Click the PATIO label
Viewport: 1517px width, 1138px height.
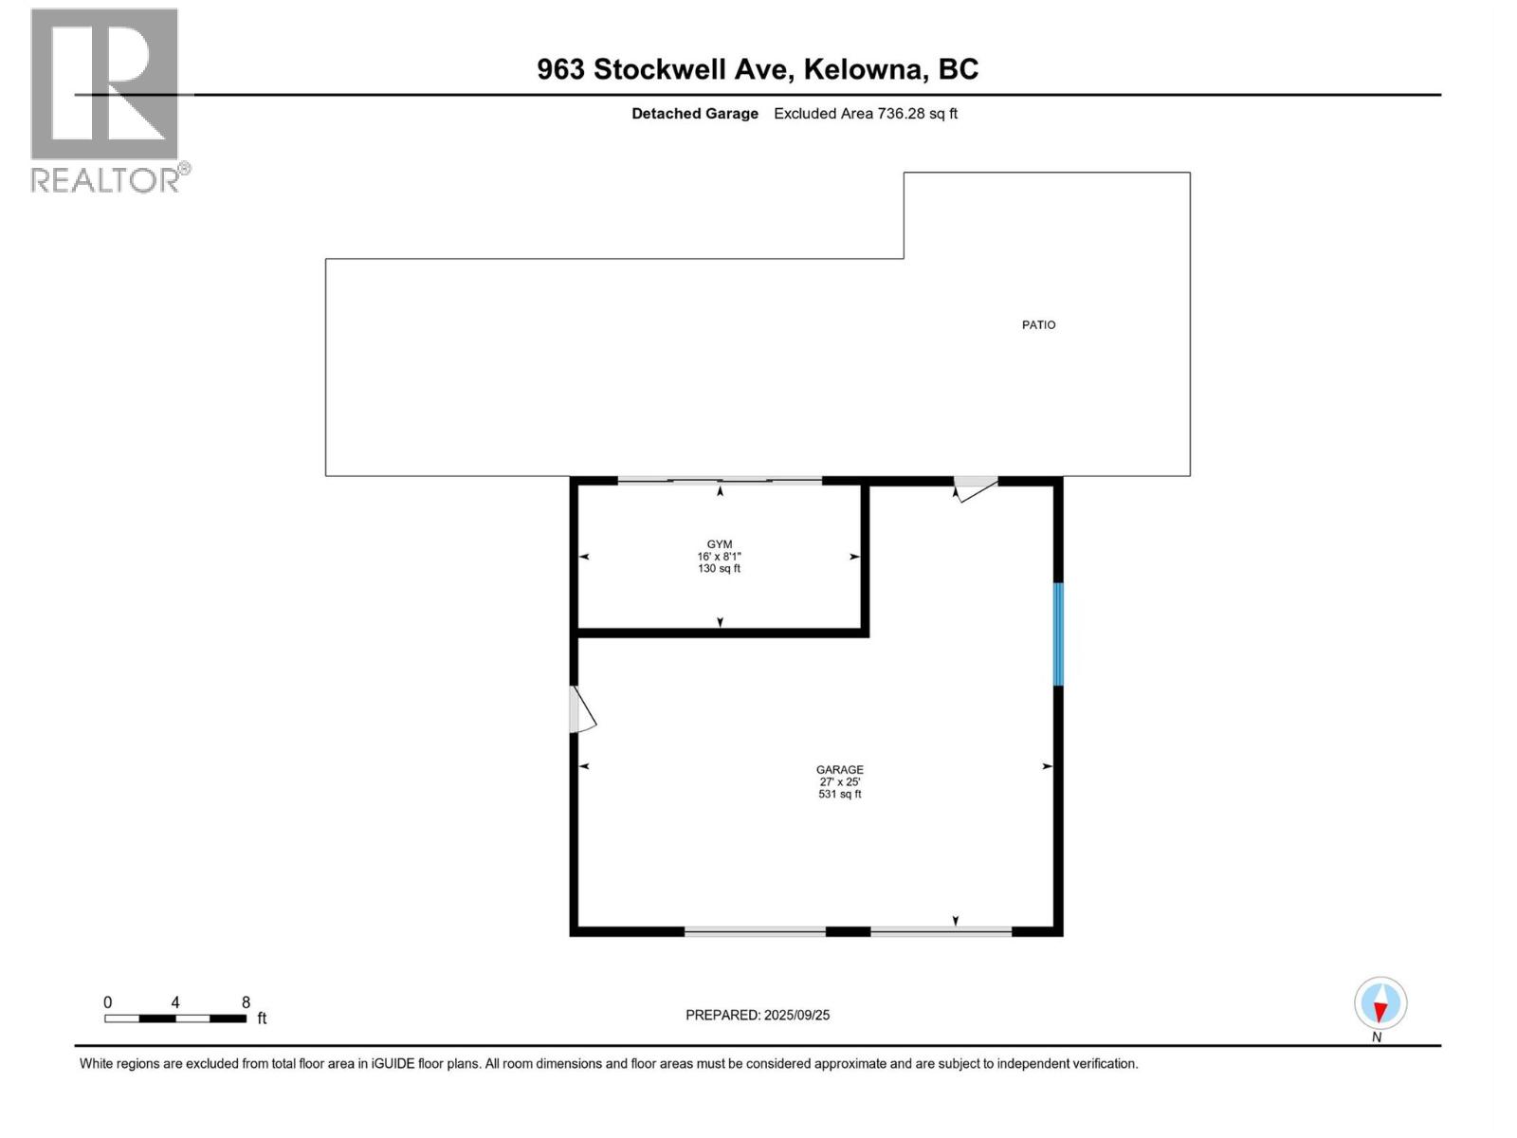(1038, 325)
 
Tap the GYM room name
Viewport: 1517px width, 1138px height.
(720, 544)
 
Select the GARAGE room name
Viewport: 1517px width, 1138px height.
(840, 770)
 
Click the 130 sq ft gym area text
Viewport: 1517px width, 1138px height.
(720, 569)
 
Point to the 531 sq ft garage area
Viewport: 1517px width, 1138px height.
(840, 795)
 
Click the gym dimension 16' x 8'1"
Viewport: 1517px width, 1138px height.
(720, 557)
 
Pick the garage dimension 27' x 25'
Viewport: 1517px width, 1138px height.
(840, 782)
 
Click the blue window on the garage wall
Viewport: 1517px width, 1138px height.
(1059, 633)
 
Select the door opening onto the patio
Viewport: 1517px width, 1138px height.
(975, 487)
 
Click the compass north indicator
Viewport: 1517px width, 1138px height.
(1380, 1003)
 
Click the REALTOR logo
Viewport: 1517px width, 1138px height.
(105, 100)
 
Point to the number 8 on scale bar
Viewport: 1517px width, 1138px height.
(246, 1002)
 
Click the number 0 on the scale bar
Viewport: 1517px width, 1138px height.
(108, 1002)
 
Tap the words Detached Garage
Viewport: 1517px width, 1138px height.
(695, 114)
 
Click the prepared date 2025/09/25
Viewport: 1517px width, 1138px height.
(796, 1015)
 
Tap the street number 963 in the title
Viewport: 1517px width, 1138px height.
(560, 69)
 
